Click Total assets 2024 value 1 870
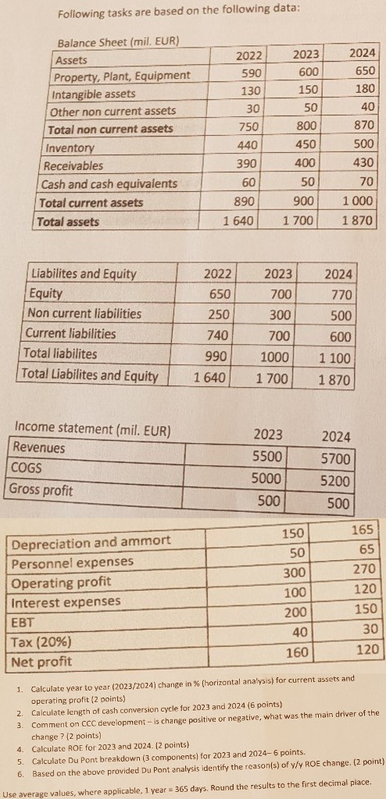click(x=357, y=221)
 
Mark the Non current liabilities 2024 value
click(x=341, y=314)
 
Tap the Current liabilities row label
click(x=72, y=333)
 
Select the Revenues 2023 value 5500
click(x=268, y=455)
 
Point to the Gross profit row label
click(x=41, y=491)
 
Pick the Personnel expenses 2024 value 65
click(x=369, y=548)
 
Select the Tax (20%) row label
click(x=39, y=642)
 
